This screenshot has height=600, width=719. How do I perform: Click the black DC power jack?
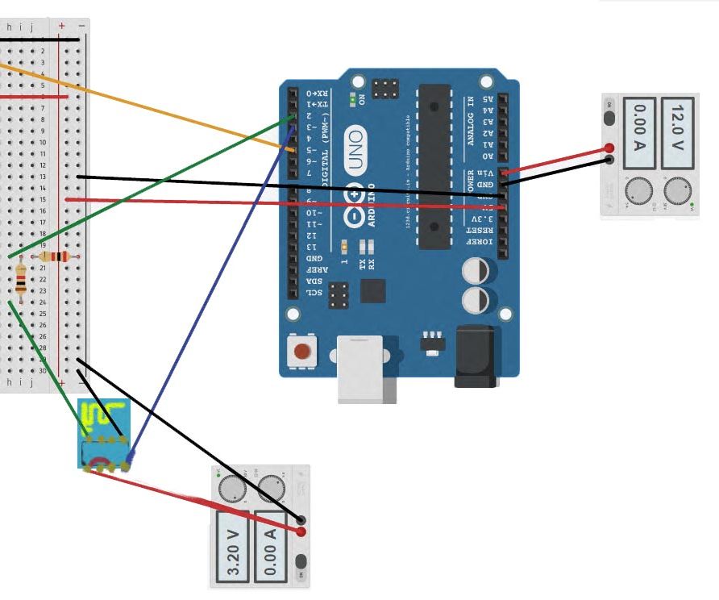[x=476, y=356]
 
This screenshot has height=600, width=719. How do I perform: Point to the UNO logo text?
[x=355, y=149]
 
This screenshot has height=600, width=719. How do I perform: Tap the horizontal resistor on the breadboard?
[x=55, y=256]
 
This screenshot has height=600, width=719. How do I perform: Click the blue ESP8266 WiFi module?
[x=104, y=433]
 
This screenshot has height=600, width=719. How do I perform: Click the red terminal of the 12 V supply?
[x=610, y=148]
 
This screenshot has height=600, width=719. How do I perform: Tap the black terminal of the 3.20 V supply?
[x=301, y=520]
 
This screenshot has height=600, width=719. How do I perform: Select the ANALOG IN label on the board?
[x=471, y=120]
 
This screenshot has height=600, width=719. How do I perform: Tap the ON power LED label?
[x=361, y=99]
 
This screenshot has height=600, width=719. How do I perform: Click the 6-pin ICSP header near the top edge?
[x=384, y=88]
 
